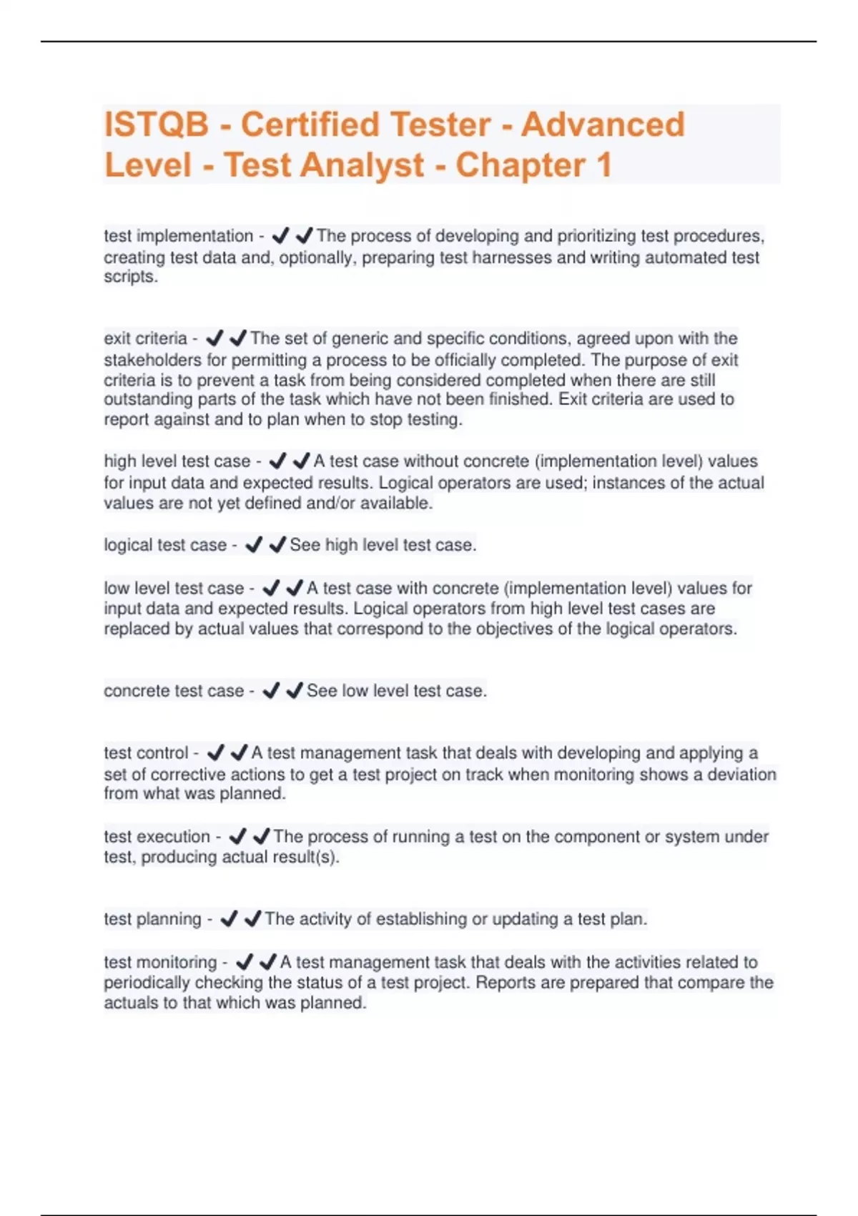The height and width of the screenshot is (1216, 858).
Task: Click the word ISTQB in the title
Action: (157, 124)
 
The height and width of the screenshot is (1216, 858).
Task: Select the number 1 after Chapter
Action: (603, 165)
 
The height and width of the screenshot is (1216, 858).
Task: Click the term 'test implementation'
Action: (178, 236)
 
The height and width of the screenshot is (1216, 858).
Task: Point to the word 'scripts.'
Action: (131, 277)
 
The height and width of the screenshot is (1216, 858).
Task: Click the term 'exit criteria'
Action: (145, 338)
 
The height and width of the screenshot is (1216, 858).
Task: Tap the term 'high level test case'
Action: (177, 461)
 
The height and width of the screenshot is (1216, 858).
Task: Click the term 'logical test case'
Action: (165, 545)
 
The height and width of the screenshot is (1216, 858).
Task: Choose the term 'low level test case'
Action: (174, 588)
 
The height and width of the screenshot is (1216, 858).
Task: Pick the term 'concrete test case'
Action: (174, 691)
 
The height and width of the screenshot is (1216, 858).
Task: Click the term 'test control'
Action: (146, 753)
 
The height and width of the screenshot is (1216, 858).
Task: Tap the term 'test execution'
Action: (157, 836)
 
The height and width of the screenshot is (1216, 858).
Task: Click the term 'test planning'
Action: (152, 919)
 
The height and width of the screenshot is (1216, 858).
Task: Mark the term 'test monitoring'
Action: (160, 962)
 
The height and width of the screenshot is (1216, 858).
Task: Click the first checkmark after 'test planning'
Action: (229, 919)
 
